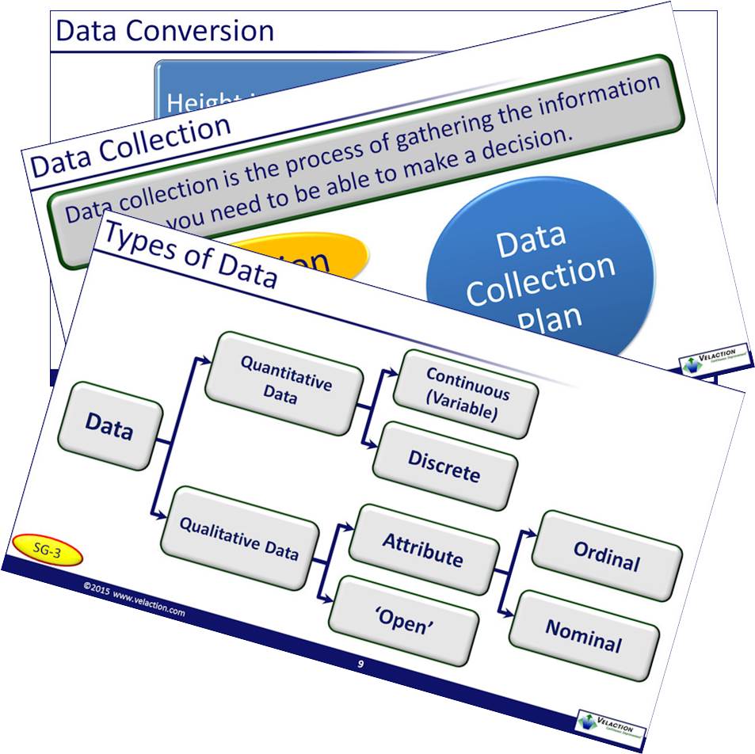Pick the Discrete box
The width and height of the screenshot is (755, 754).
(x=444, y=466)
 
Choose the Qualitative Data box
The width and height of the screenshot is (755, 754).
(x=238, y=537)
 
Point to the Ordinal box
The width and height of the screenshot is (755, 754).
(x=607, y=556)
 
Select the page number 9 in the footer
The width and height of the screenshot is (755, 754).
(x=360, y=664)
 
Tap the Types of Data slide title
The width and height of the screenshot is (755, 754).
(x=190, y=253)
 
